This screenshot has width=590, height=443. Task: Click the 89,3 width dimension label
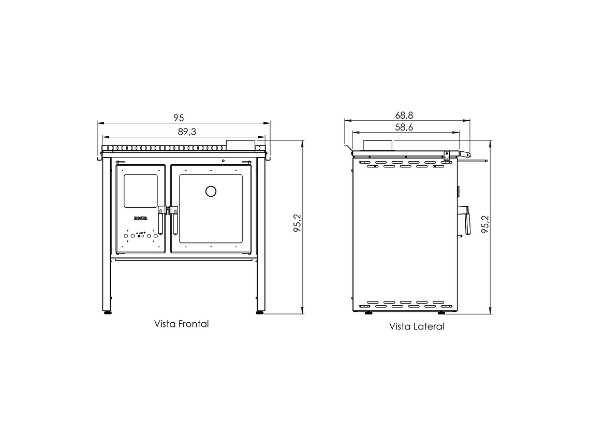187,132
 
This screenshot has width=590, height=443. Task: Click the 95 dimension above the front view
179,118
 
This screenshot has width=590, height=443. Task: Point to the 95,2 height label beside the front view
297,223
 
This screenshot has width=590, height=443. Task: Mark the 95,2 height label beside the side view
485,225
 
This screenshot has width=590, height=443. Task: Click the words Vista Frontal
181,324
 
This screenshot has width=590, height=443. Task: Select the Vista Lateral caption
417,326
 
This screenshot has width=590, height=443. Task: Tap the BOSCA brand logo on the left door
141,219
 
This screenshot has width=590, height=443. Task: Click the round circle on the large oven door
211,192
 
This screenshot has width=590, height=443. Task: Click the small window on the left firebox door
140,191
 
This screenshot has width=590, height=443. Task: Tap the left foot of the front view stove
107,311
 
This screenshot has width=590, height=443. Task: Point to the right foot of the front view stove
260,311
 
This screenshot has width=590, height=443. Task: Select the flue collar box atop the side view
377,145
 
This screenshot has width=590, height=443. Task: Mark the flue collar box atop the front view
241,145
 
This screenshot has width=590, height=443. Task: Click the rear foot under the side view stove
368,312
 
